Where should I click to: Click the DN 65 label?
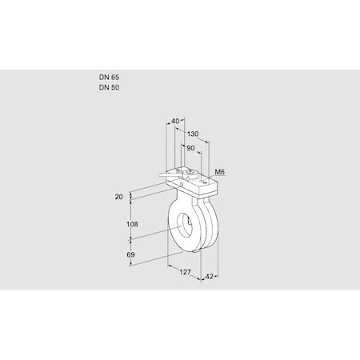click(110, 78)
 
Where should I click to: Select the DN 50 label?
click(110, 87)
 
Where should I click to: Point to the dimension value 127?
click(186, 273)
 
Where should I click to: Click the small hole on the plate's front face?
click(183, 185)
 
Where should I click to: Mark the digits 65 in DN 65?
click(115, 78)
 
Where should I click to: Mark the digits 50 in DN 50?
click(115, 87)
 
